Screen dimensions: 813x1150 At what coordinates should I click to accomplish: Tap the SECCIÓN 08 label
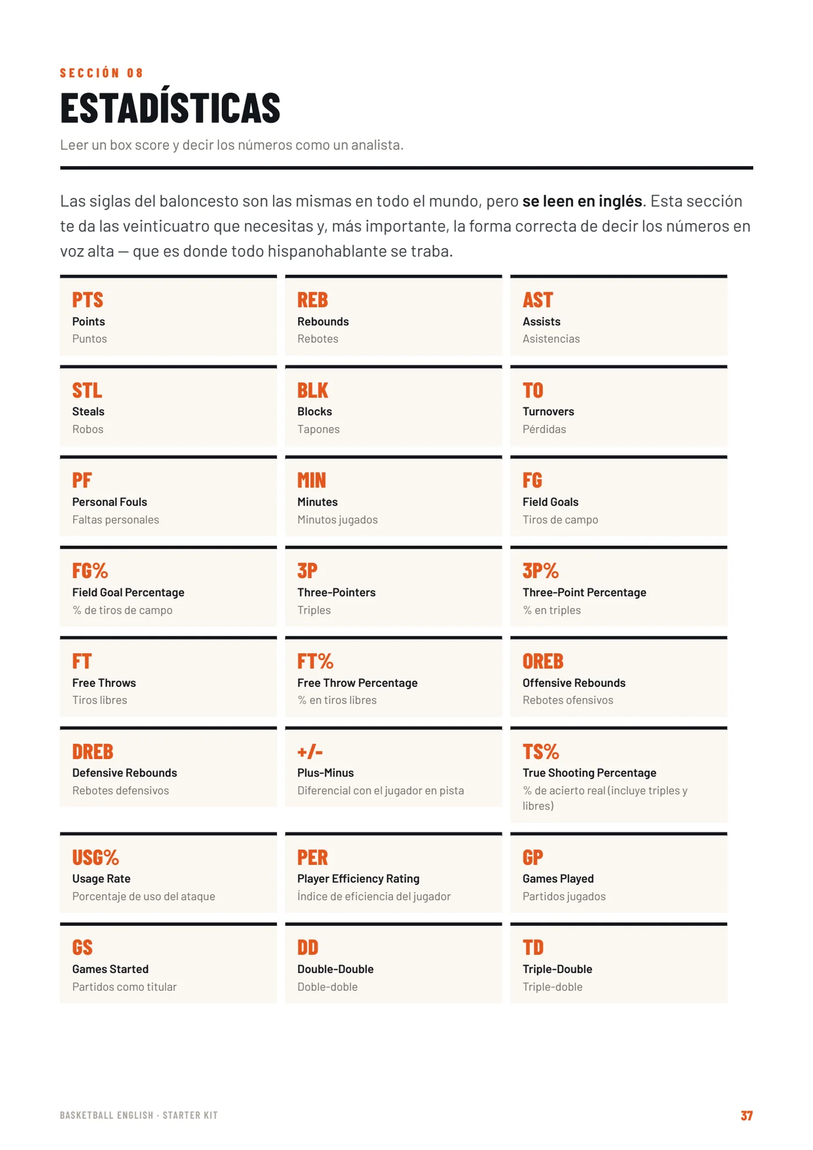pyautogui.click(x=102, y=73)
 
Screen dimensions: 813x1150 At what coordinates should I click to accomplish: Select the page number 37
pyautogui.click(x=746, y=1115)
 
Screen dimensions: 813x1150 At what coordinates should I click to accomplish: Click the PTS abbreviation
pyautogui.click(x=88, y=300)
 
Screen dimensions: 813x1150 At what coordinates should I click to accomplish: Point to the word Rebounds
pyautogui.click(x=323, y=321)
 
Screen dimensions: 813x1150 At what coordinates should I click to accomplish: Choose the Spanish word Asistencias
pyautogui.click(x=551, y=339)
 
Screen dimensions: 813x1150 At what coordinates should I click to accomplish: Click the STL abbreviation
pyautogui.click(x=87, y=390)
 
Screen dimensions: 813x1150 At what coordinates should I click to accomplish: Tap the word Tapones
pyautogui.click(x=318, y=429)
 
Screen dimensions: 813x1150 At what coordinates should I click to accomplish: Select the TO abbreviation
pyautogui.click(x=533, y=390)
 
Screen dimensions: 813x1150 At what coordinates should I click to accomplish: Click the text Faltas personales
pyautogui.click(x=116, y=520)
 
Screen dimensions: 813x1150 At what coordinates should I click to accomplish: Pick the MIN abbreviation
pyautogui.click(x=312, y=480)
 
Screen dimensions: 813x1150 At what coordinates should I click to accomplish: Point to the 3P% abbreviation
pyautogui.click(x=541, y=571)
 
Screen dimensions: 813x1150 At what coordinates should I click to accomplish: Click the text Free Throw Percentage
pyautogui.click(x=357, y=683)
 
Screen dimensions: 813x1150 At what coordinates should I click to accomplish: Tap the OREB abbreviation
pyautogui.click(x=543, y=661)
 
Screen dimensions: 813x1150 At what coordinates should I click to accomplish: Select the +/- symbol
pyautogui.click(x=310, y=751)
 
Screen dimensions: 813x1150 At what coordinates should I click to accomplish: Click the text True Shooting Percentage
pyautogui.click(x=589, y=773)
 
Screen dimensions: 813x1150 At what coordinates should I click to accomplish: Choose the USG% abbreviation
pyautogui.click(x=96, y=857)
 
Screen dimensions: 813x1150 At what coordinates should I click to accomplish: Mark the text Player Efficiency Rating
pyautogui.click(x=358, y=879)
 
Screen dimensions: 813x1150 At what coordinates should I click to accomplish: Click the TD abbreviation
pyautogui.click(x=533, y=947)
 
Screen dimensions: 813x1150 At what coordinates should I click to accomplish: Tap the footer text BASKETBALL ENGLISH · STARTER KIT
pyautogui.click(x=139, y=1115)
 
